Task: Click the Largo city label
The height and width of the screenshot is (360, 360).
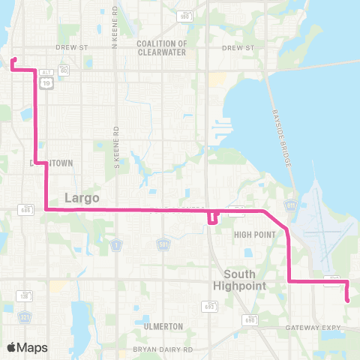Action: click(x=83, y=198)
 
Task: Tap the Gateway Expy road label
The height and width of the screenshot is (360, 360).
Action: click(x=313, y=328)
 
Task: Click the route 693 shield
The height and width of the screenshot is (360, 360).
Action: click(x=207, y=306)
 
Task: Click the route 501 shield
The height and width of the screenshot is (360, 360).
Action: click(x=163, y=244)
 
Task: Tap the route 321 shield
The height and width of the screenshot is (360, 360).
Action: click(x=25, y=317)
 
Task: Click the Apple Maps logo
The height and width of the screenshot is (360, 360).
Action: click(x=27, y=347)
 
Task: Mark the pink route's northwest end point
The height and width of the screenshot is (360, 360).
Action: click(x=13, y=59)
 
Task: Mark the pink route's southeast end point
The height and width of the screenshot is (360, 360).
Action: click(x=347, y=301)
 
